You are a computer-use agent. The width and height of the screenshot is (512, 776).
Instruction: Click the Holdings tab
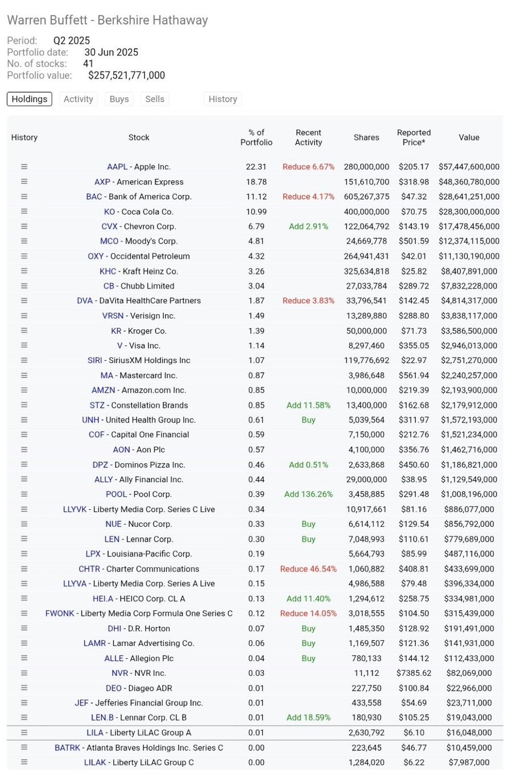click(x=30, y=99)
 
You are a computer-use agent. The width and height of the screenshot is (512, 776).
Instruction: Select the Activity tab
click(x=79, y=99)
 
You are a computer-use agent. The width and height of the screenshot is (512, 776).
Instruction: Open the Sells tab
click(x=155, y=99)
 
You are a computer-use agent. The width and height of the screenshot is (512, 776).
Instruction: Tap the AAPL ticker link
click(x=117, y=167)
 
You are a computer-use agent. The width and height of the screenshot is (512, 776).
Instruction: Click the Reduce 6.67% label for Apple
click(x=308, y=167)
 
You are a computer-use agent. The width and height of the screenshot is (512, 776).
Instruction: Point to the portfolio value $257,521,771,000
click(x=126, y=76)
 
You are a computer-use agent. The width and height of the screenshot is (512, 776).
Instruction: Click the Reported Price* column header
click(x=414, y=138)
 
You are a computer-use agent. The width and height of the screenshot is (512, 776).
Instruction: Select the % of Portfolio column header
click(x=257, y=138)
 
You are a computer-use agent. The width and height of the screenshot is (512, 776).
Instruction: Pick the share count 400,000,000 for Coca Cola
click(x=366, y=212)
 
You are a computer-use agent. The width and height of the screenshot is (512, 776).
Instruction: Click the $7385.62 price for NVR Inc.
click(x=414, y=673)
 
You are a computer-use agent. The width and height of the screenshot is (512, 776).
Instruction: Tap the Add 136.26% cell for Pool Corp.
click(x=308, y=494)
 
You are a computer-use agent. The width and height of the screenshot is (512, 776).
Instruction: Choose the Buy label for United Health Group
click(x=308, y=420)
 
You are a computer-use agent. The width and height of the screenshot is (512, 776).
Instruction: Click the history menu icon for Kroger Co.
click(x=24, y=331)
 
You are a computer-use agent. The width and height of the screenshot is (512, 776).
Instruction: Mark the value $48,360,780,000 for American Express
click(x=469, y=182)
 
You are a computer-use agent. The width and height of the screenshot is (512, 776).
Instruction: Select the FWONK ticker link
click(x=60, y=613)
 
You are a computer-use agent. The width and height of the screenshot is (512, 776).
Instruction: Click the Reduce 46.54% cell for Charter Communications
click(x=308, y=569)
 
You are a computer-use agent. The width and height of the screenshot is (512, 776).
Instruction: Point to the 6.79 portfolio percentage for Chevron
click(x=257, y=226)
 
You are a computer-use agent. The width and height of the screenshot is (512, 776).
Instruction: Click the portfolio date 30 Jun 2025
click(x=111, y=52)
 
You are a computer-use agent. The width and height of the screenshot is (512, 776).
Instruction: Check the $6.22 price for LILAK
click(x=414, y=762)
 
